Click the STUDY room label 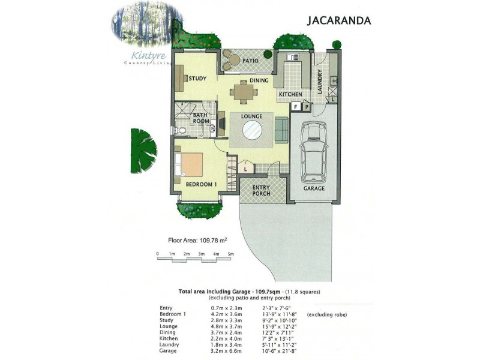point(197,79)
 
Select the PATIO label point(250,61)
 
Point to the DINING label point(259,80)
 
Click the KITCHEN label point(290,94)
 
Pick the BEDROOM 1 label point(200,184)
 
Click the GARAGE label point(314,188)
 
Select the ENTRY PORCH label point(261,190)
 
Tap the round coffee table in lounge point(251,130)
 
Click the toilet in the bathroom point(179,130)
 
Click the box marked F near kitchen point(295,107)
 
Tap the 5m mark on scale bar point(230,254)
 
